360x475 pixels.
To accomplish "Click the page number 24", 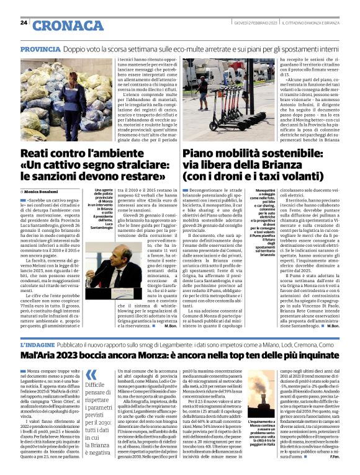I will click(24, 22).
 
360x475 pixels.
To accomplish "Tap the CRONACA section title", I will click(68, 25).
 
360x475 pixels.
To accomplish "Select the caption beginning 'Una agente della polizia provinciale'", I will click(105, 208).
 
